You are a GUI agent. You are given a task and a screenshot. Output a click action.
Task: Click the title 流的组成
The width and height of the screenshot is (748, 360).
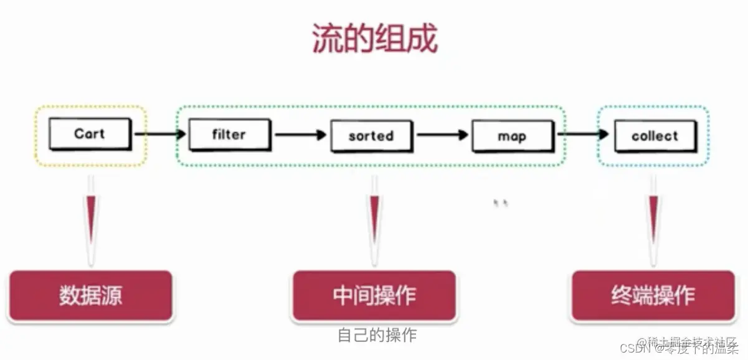pos(374,39)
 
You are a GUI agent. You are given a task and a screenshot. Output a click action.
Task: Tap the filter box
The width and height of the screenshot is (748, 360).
pos(229,135)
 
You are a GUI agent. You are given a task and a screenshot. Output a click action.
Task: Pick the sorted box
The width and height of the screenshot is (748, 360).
pos(371,136)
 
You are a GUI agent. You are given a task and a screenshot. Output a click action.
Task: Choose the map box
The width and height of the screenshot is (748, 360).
pos(512,136)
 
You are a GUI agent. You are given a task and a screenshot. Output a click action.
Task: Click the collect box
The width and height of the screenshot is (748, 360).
pos(654,136)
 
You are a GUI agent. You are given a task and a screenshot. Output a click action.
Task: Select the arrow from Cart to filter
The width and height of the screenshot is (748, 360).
pos(159,133)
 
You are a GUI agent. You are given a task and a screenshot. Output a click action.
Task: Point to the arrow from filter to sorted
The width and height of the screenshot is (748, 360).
pos(300,134)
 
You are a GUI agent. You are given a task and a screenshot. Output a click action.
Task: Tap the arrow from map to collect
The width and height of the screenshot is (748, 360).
pos(583,133)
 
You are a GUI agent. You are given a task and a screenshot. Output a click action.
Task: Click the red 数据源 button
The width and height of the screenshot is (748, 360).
pos(91,295)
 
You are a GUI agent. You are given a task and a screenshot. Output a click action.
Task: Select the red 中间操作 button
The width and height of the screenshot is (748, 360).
pos(374,295)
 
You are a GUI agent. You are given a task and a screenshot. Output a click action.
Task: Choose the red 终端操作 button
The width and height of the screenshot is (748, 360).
pos(653,295)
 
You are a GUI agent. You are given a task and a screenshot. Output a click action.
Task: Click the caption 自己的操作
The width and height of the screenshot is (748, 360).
pos(377,335)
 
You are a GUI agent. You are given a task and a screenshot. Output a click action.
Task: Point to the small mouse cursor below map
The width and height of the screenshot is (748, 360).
pos(500,202)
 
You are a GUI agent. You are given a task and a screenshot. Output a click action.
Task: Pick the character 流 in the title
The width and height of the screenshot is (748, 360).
pos(326,39)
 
